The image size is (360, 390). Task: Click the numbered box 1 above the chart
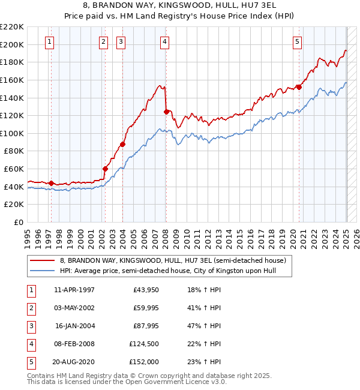(49, 41)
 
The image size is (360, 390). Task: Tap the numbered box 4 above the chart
(164, 41)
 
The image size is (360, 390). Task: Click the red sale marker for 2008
(166, 111)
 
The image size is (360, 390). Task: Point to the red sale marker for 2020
(299, 87)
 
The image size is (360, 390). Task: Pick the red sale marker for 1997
(51, 183)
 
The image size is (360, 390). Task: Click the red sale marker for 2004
(122, 144)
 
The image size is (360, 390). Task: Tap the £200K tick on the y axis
(13, 44)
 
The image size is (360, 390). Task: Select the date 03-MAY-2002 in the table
(74, 308)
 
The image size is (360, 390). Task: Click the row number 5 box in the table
(31, 362)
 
